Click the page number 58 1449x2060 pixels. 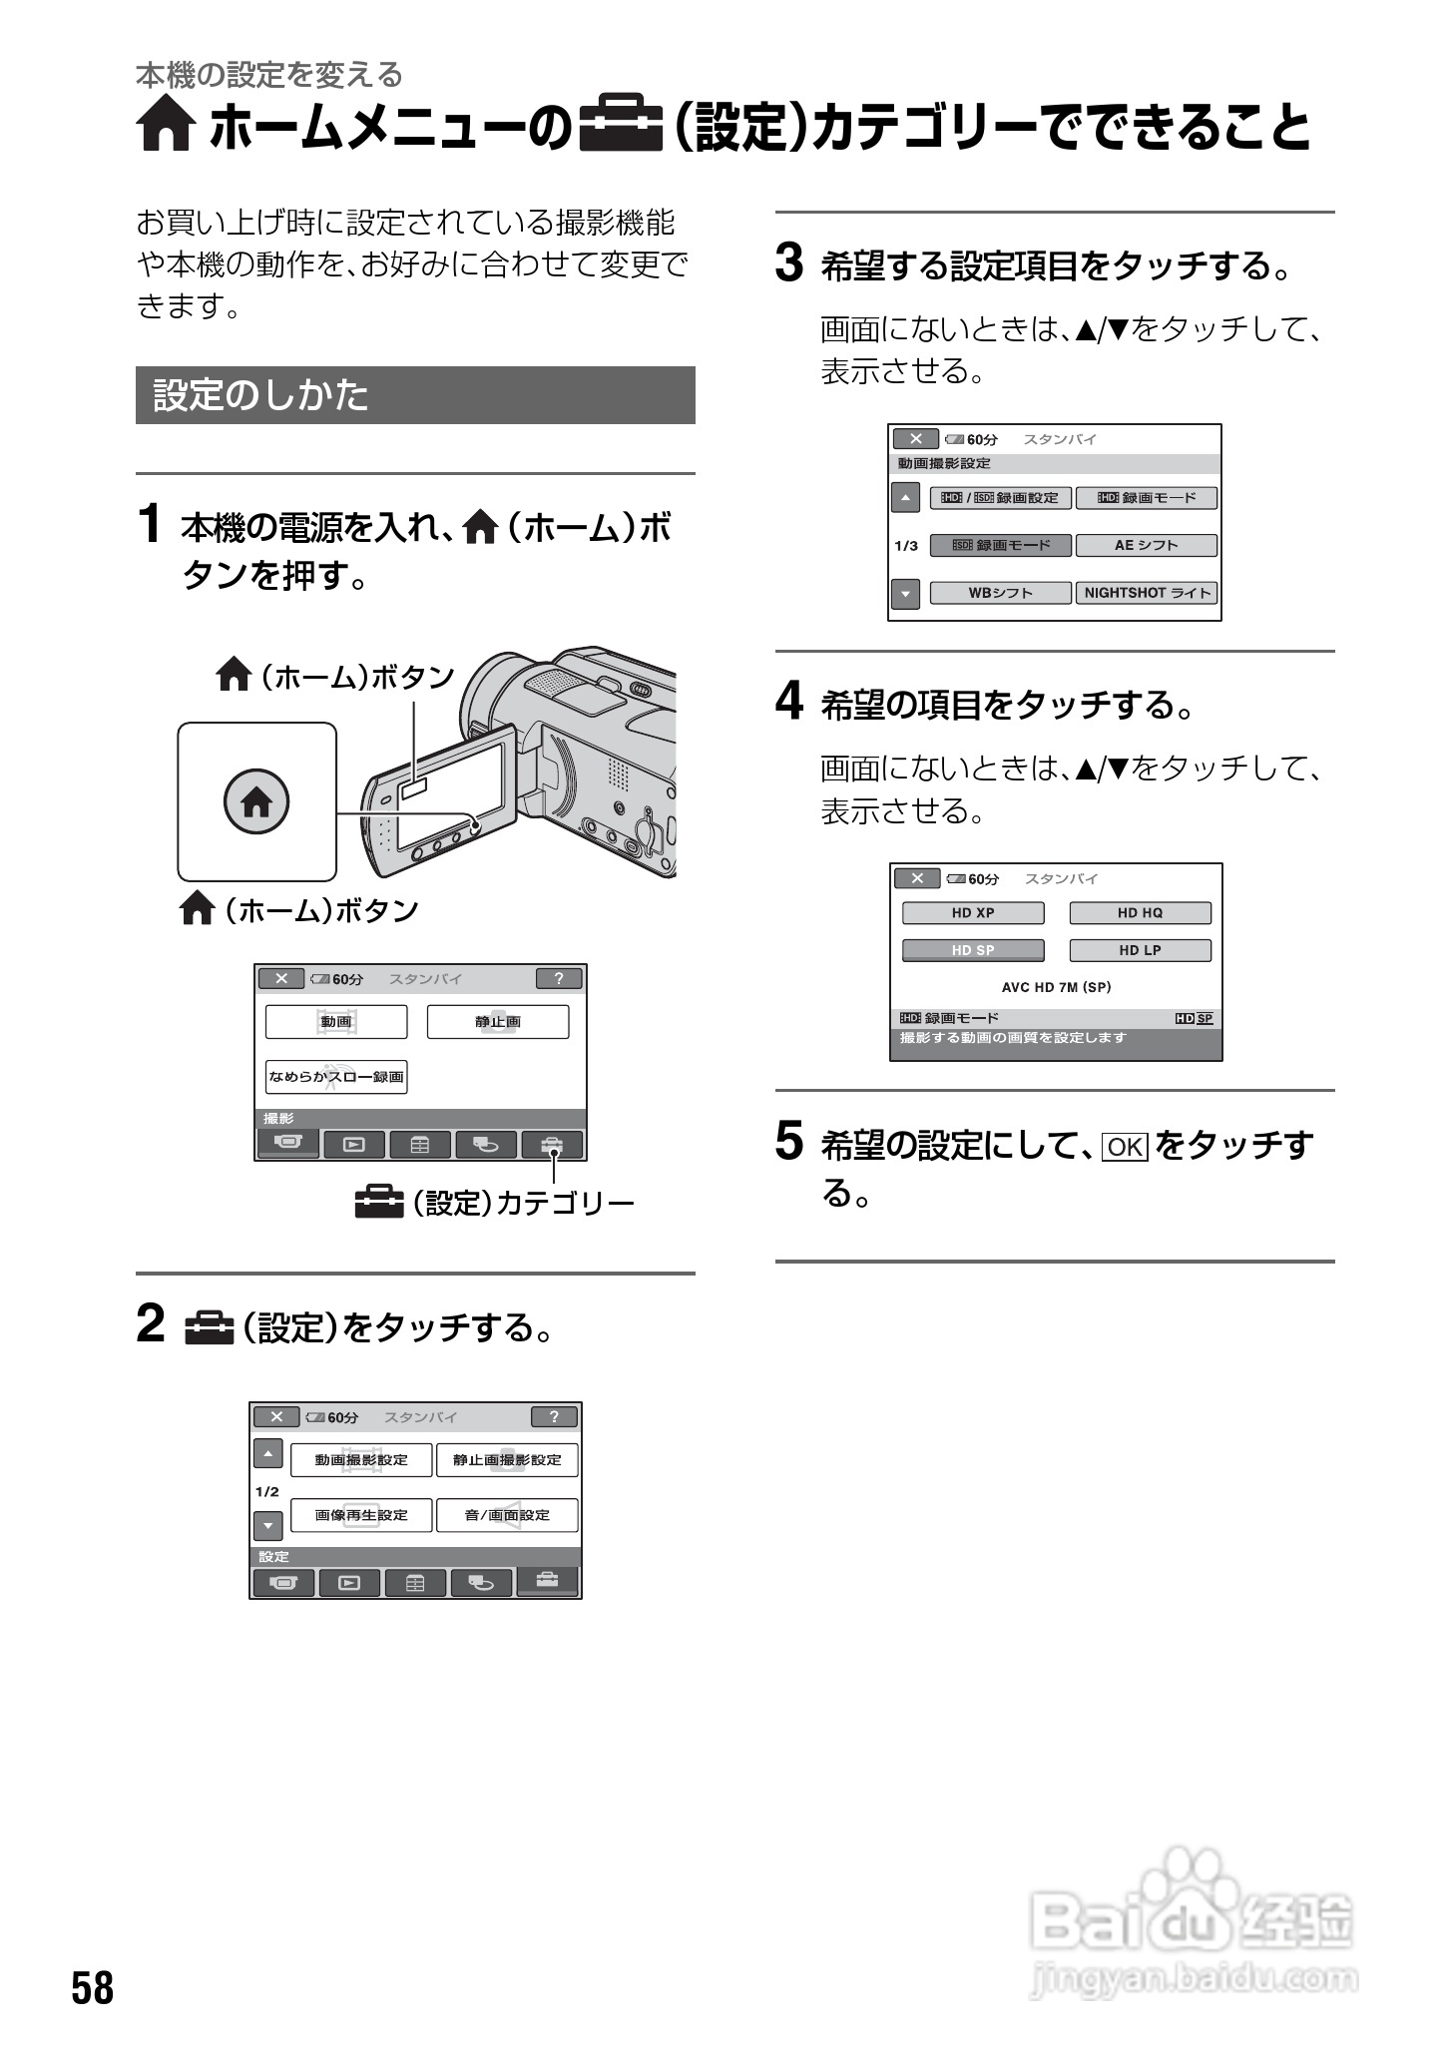[x=93, y=1988]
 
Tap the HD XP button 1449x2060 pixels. [x=973, y=913]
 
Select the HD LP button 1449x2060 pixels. [x=1140, y=950]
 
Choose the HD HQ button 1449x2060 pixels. [x=1140, y=913]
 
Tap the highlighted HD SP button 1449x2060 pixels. [x=973, y=950]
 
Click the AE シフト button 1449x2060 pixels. [x=1146, y=545]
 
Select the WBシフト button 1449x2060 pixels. [x=1000, y=593]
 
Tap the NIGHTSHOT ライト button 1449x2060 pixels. [x=1146, y=593]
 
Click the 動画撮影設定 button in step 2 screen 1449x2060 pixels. [x=361, y=1460]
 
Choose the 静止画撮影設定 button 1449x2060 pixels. [x=507, y=1460]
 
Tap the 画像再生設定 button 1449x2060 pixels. [x=361, y=1515]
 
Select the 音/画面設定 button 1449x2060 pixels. [x=507, y=1515]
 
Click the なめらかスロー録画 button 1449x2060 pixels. [x=336, y=1077]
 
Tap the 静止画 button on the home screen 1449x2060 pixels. [x=498, y=1022]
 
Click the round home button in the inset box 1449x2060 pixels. [x=256, y=801]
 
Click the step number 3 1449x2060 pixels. [x=789, y=264]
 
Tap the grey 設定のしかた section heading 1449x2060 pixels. [x=415, y=395]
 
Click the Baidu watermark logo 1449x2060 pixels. [x=1193, y=1926]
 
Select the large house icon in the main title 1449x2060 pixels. [x=165, y=127]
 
